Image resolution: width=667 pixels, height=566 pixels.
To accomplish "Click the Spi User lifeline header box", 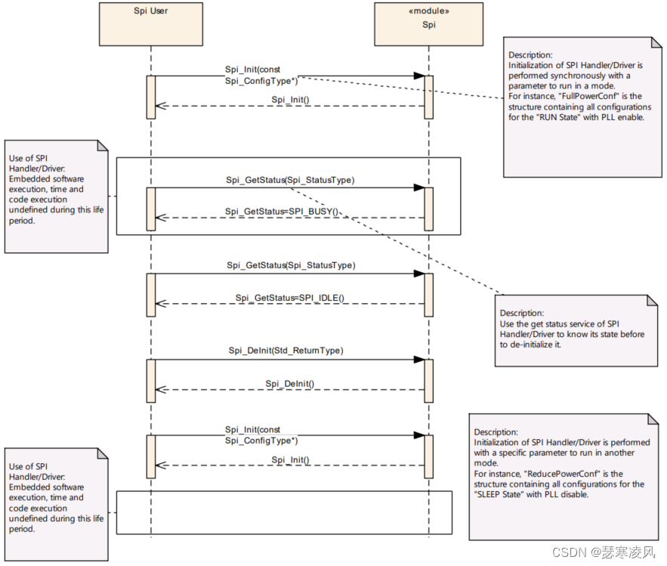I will (x=151, y=23).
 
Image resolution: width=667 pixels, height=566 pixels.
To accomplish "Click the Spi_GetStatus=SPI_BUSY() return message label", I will (x=282, y=211).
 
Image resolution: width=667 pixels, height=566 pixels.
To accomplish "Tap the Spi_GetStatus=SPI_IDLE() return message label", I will (x=290, y=297).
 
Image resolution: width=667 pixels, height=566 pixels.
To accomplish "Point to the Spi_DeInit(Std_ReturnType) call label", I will (x=286, y=351).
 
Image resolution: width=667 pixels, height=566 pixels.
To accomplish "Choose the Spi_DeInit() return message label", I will (x=289, y=384).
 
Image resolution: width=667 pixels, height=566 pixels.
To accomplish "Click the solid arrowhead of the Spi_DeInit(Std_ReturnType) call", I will (x=418, y=360).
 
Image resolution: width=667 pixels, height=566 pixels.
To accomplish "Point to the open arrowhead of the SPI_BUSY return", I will (x=159, y=218).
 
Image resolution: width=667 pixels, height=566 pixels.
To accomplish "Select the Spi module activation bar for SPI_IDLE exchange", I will (x=428, y=294).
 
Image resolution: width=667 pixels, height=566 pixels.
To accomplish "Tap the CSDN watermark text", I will (x=604, y=552).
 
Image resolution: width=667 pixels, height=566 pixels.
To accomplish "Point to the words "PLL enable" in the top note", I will (x=623, y=119).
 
